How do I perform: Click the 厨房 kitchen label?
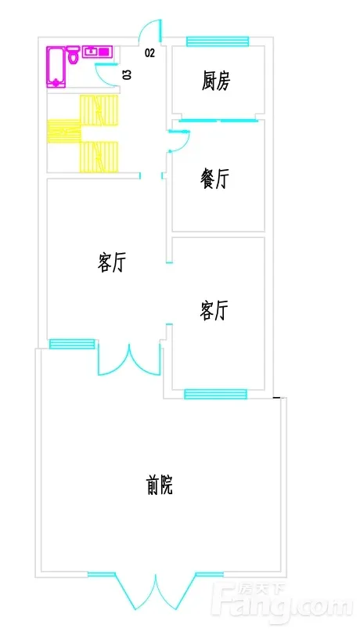(216, 81)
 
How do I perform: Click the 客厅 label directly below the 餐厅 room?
(214, 310)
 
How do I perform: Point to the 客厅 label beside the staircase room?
(112, 262)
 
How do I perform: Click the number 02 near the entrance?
(149, 52)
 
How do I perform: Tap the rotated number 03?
(127, 74)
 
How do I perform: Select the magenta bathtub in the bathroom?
(56, 67)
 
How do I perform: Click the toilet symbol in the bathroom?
(73, 56)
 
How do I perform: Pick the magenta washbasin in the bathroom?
(96, 52)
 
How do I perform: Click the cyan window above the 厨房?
(218, 41)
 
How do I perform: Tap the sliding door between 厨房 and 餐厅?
(218, 120)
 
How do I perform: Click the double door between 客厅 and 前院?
(130, 359)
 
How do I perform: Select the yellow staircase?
(83, 133)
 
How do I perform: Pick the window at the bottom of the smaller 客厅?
(215, 394)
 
